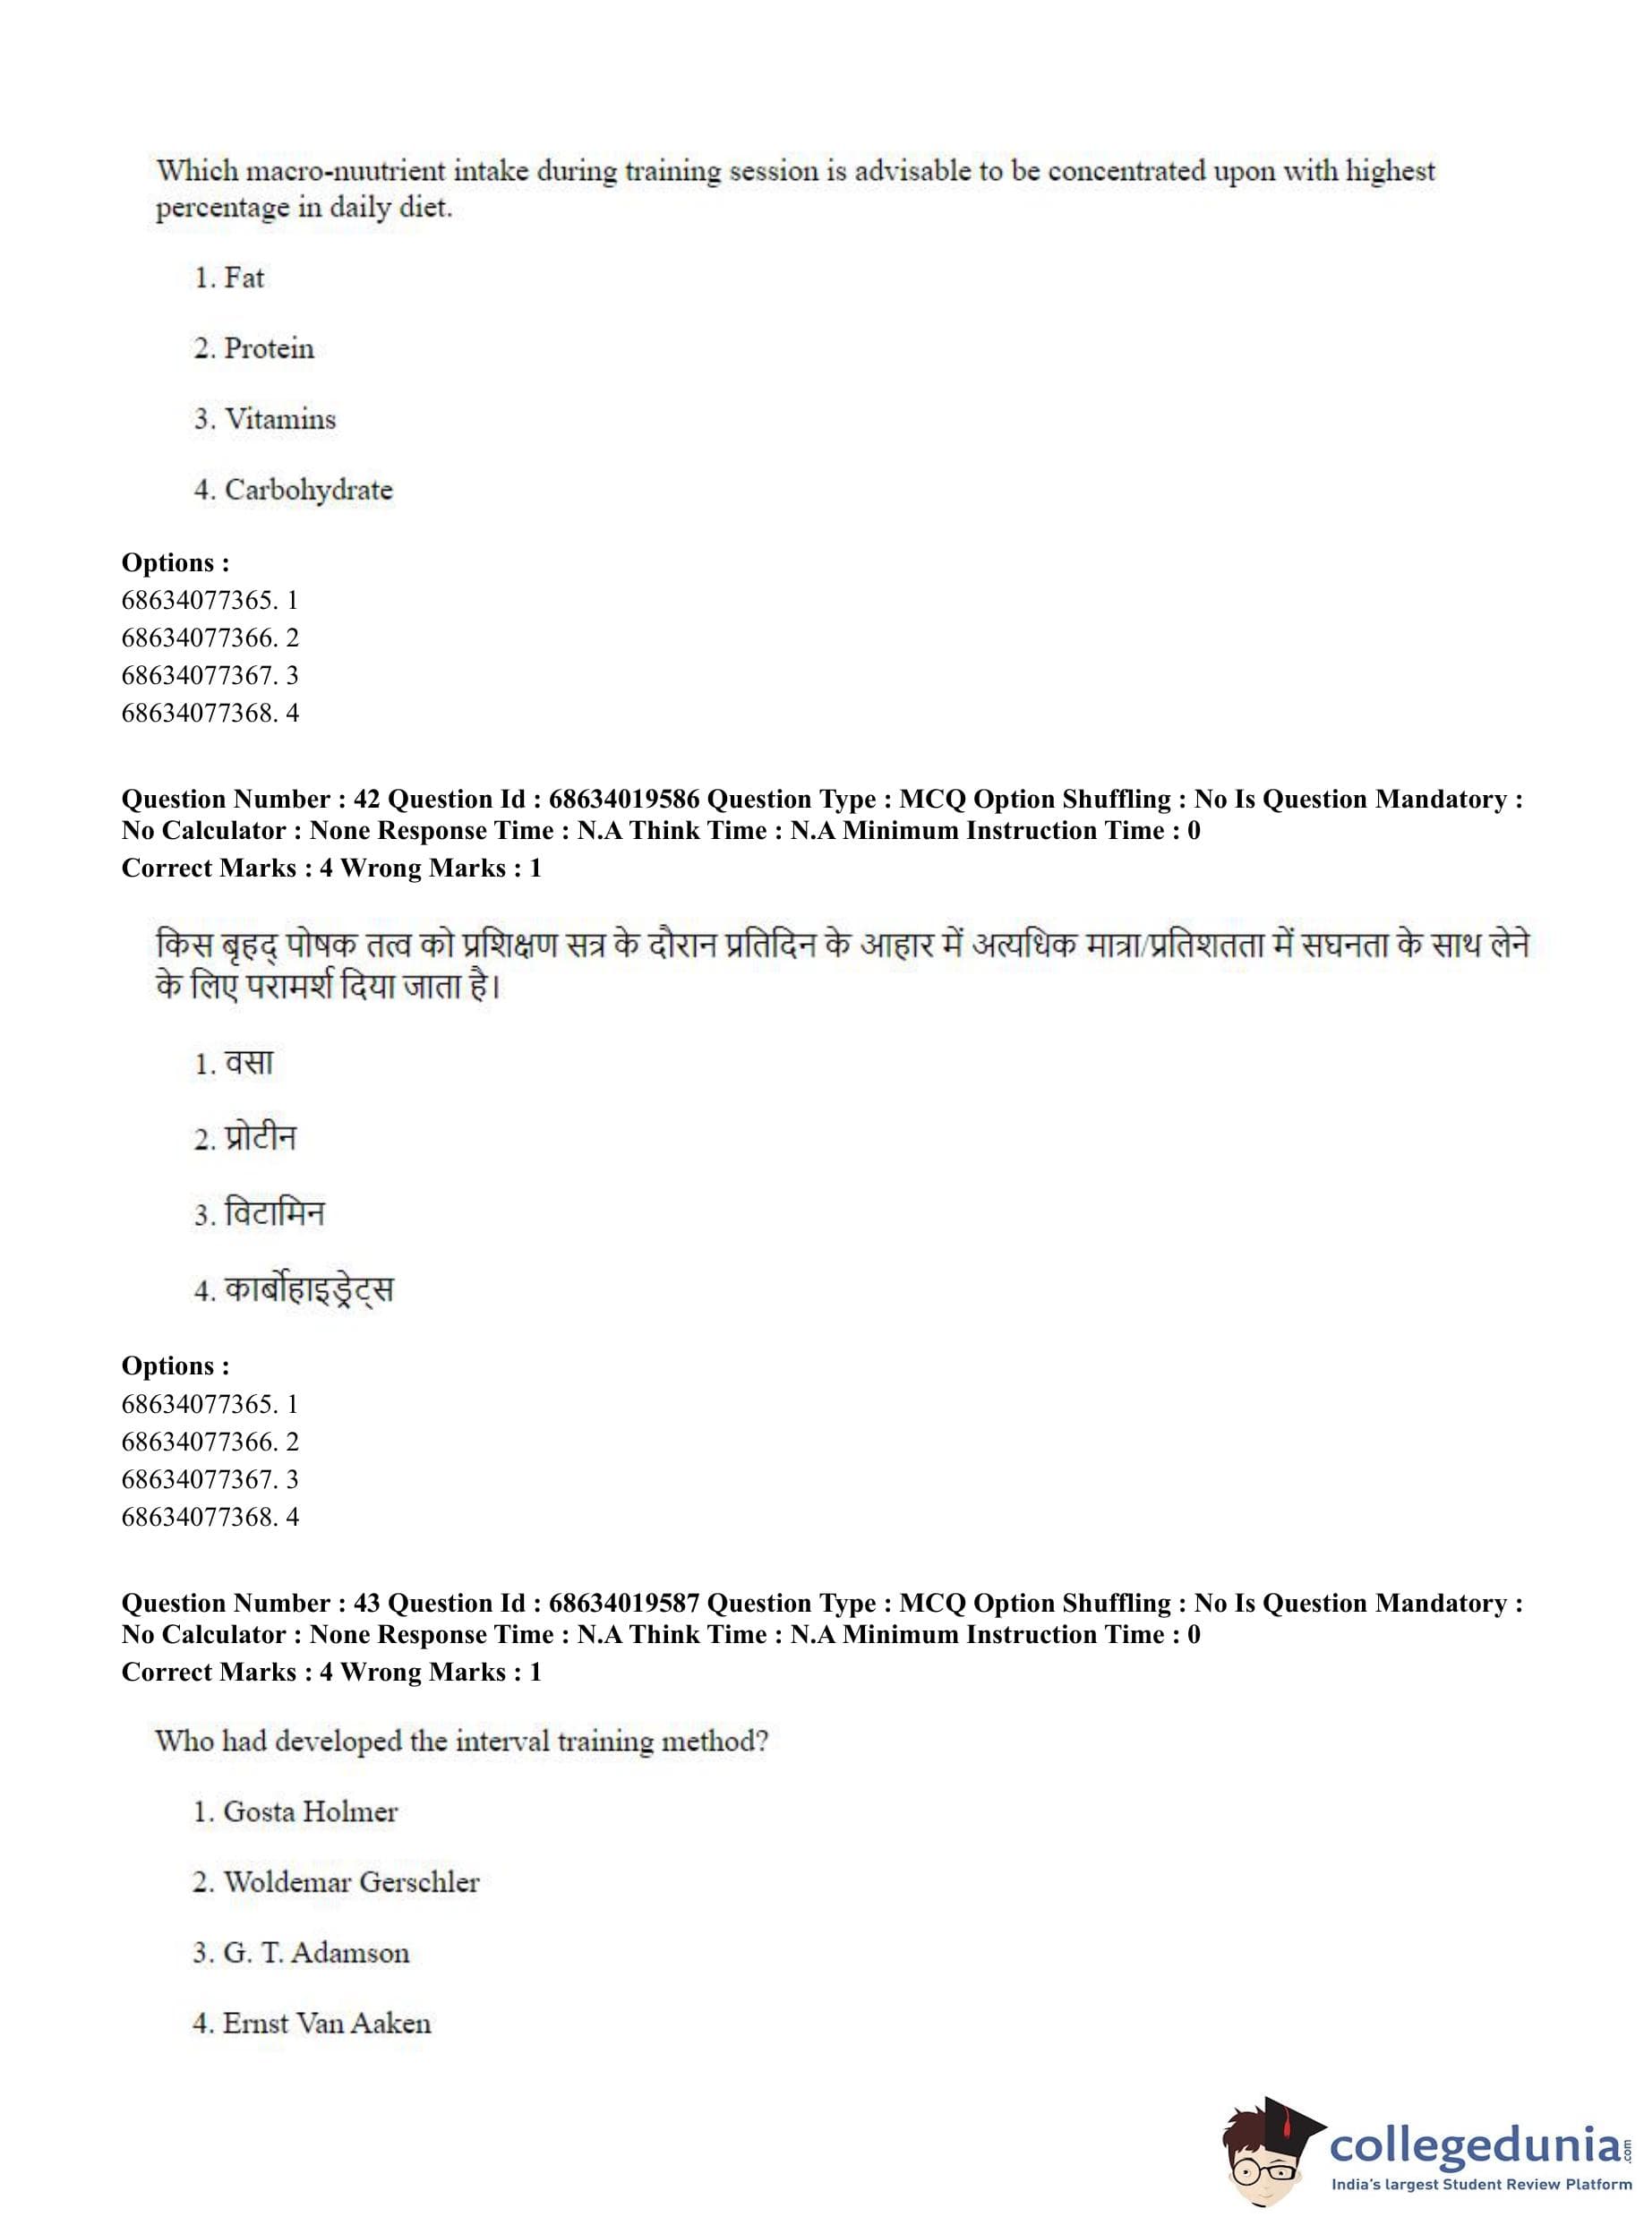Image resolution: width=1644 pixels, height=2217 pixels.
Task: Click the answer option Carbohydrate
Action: click(309, 490)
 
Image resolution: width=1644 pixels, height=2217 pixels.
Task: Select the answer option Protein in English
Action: click(269, 348)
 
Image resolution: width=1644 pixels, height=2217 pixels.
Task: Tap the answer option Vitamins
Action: click(279, 419)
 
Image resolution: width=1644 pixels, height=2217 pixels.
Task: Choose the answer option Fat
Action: click(244, 278)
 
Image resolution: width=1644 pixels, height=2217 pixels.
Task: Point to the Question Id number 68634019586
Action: click(624, 799)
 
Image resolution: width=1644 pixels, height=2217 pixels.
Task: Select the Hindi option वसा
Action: click(249, 1063)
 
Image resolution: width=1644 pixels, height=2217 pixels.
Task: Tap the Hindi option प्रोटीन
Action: click(260, 1137)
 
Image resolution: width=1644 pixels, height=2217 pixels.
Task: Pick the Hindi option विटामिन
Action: click(275, 1213)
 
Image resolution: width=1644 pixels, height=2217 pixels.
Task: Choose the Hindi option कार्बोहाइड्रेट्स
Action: click(309, 1289)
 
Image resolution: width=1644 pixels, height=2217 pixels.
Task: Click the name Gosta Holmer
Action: click(310, 1812)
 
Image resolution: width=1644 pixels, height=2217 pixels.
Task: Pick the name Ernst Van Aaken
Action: click(327, 2024)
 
